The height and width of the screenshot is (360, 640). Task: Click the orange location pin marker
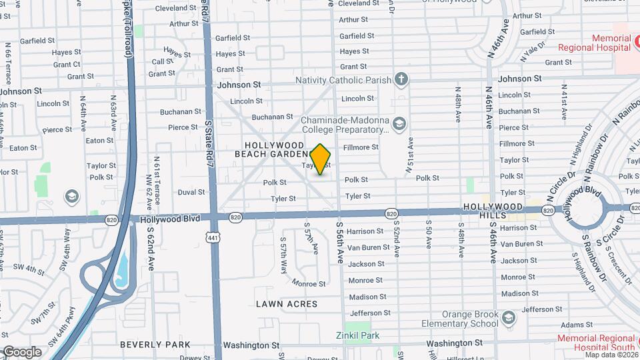point(321,159)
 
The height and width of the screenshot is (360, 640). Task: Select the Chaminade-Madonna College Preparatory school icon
point(399,123)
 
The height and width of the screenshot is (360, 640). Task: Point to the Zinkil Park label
point(357,335)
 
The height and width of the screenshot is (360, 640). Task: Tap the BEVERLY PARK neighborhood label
point(155,345)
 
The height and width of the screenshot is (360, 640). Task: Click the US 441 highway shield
point(213,237)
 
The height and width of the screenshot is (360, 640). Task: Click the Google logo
point(21,352)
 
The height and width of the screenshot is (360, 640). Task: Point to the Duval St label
point(191,192)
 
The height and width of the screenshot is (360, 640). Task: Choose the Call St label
point(162,61)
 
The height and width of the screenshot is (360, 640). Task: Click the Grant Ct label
point(67,65)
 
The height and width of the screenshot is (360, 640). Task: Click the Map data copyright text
point(609,355)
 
